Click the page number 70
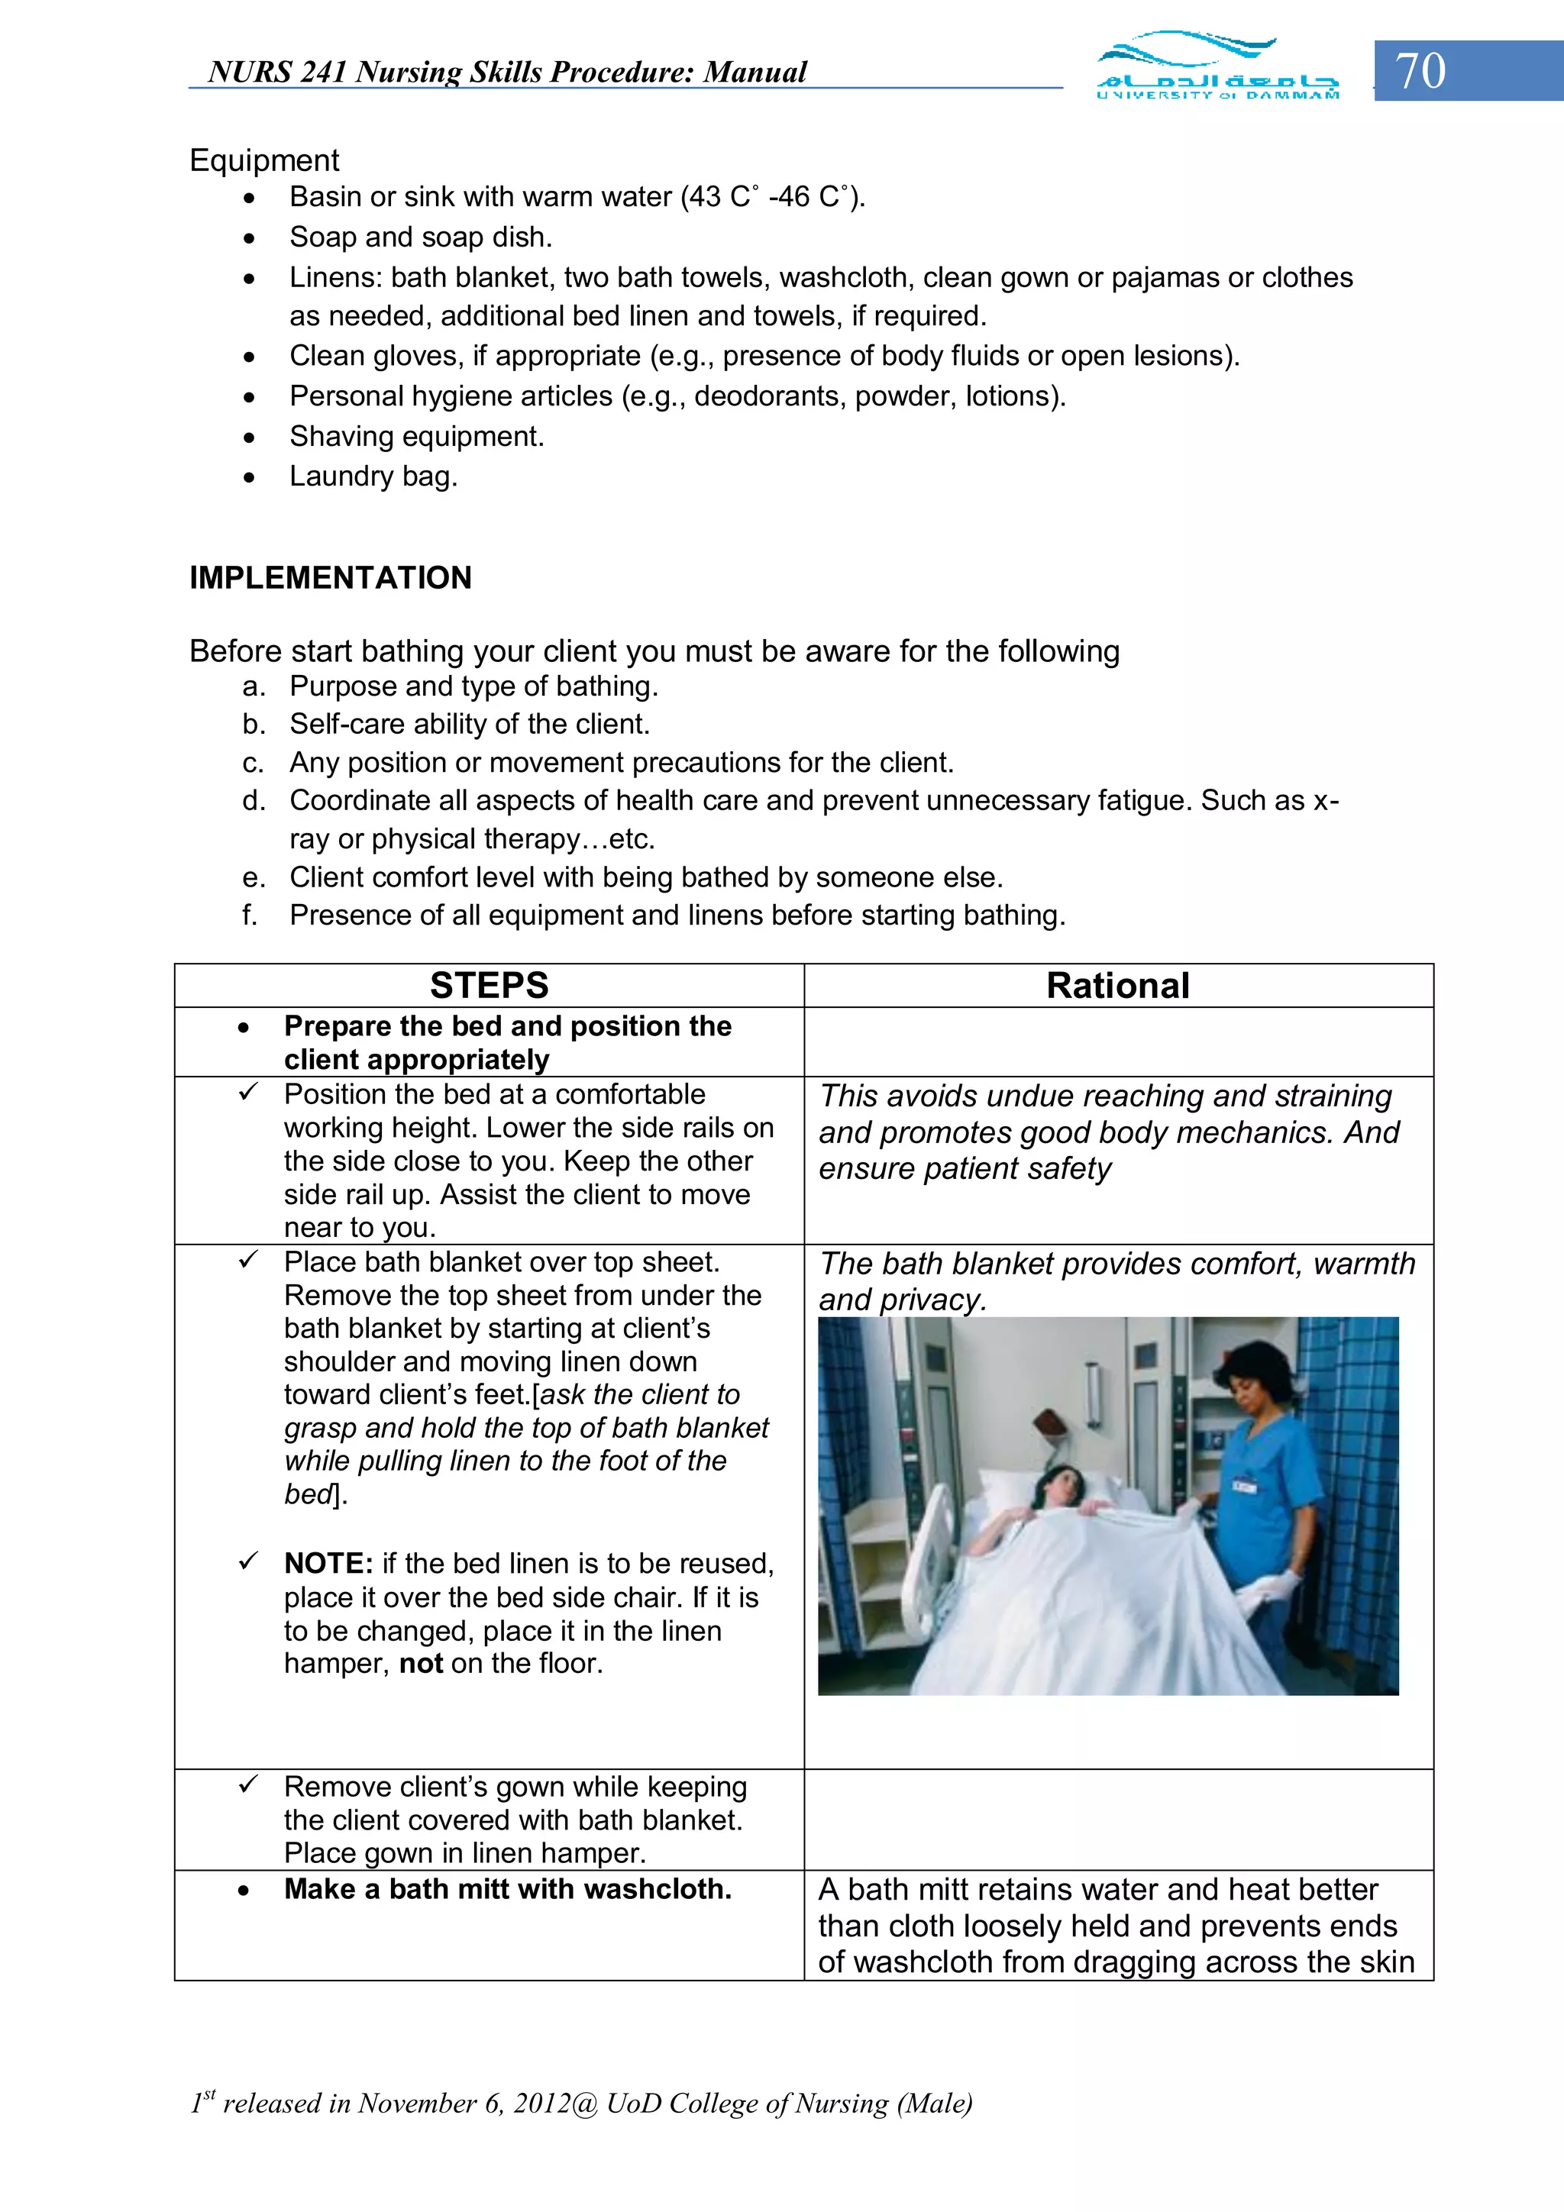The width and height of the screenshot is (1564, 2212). click(x=1420, y=71)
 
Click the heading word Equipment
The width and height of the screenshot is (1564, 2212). click(x=264, y=160)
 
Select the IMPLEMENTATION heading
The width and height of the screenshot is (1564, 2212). click(x=331, y=578)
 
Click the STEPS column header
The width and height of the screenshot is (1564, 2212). click(x=489, y=986)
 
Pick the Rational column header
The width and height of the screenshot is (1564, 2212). click(x=1118, y=986)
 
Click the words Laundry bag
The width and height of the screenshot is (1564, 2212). click(x=373, y=476)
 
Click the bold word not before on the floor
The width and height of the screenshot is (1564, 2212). click(x=420, y=1664)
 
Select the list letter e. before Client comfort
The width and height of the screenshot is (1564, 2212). click(x=254, y=877)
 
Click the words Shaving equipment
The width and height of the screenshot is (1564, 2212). click(x=416, y=437)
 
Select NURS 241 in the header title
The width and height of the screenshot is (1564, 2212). click(x=276, y=73)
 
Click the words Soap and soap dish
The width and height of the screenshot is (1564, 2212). click(x=420, y=237)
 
